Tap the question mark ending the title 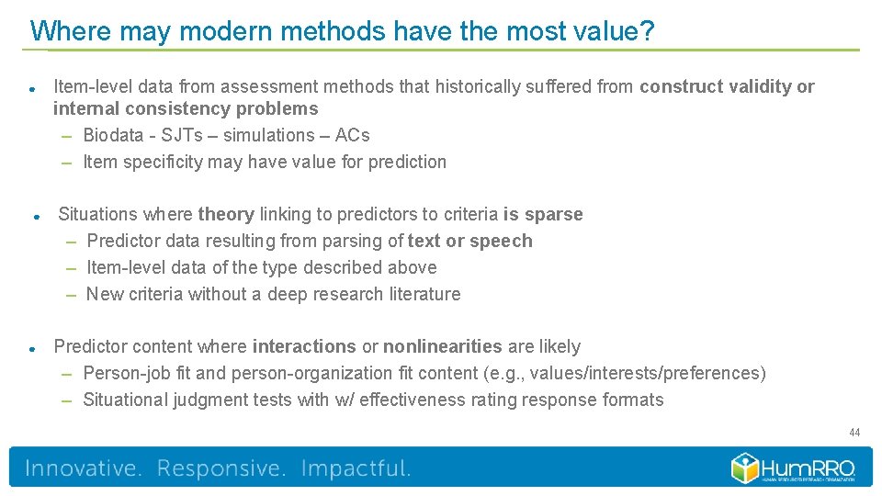coord(648,31)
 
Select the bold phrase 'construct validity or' coord(727,86)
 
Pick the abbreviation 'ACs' coord(352,135)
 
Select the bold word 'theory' coord(225,214)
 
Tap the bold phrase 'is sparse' coord(543,214)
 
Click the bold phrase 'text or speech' coord(469,241)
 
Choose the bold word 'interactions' coord(304,346)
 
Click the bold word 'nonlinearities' coord(442,346)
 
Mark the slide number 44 coord(854,433)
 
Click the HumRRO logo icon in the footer coord(745,468)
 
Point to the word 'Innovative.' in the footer coord(84,468)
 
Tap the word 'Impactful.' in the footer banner coord(356,468)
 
